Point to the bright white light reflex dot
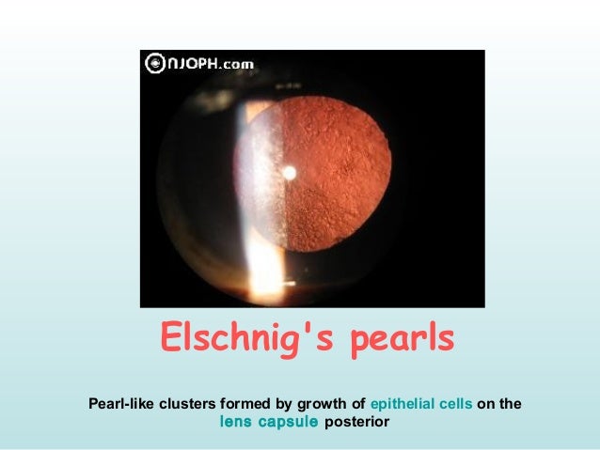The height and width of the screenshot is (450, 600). (x=289, y=172)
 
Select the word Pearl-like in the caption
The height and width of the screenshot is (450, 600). (x=122, y=405)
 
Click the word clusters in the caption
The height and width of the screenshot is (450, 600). (x=192, y=405)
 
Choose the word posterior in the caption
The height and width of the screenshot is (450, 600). (x=356, y=422)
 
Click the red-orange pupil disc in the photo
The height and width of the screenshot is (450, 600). (x=329, y=169)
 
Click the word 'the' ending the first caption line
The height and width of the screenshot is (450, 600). (x=511, y=405)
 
